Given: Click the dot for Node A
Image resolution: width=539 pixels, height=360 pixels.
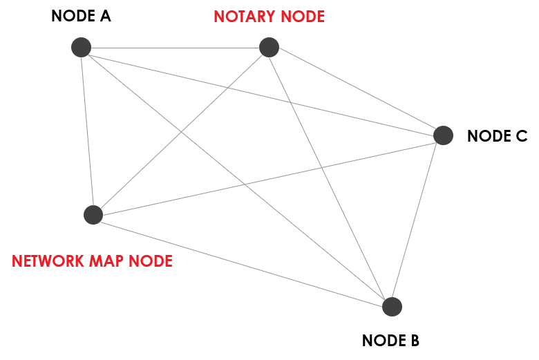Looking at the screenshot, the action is pos(82,47).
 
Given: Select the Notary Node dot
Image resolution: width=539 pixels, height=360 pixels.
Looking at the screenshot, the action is pos(269,47).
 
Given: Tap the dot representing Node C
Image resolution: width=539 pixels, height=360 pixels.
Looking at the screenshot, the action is pos(443,135).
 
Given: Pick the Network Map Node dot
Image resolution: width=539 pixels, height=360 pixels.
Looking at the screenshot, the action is pos(93,215).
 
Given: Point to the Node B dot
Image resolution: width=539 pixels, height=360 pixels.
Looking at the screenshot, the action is pos(391,306).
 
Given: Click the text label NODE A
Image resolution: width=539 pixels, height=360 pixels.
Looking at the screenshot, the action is pos(81,16).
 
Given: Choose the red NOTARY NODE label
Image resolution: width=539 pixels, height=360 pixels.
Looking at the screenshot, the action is pos(269,17).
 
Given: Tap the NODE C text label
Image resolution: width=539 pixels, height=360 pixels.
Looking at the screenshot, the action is pos(497,136).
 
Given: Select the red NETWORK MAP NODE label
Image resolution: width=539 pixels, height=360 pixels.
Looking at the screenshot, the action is pos(92,261).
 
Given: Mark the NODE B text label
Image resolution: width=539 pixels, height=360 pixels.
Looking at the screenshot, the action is pos(390,341).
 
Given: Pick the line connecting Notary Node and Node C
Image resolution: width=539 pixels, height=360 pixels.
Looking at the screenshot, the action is pos(356,91).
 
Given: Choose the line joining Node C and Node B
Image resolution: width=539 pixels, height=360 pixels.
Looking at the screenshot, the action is pos(417,220).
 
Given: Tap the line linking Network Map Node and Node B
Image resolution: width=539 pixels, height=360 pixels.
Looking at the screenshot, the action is pos(242,260).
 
